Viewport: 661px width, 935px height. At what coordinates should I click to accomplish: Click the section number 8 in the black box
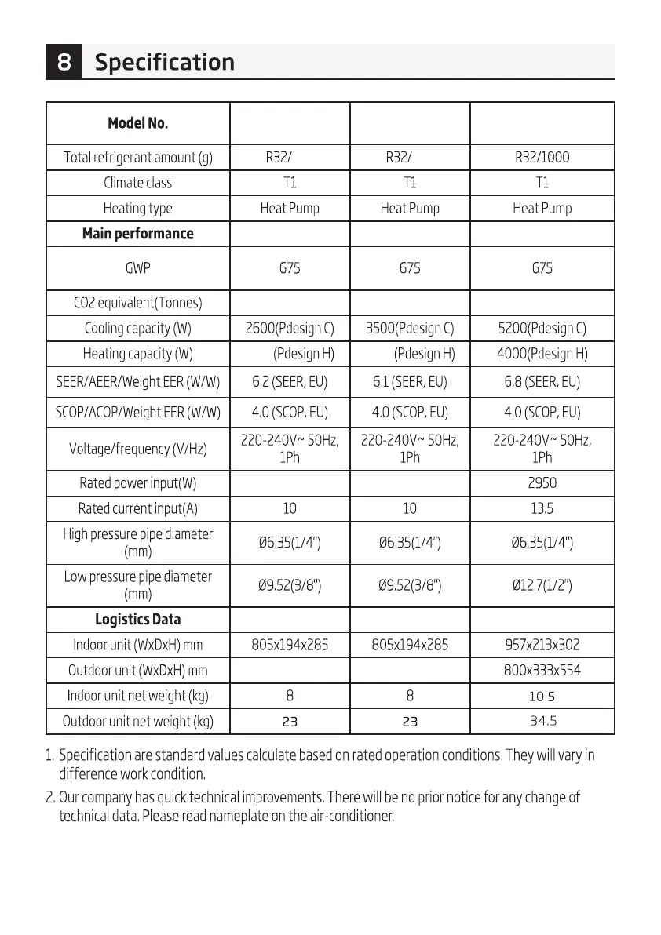(64, 63)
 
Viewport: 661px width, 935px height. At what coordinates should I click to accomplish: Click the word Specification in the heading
(164, 63)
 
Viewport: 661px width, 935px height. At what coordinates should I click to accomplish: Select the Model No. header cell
(138, 123)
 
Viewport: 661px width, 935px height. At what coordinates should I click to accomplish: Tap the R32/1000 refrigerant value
(542, 157)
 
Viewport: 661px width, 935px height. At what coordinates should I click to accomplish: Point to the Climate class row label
(138, 183)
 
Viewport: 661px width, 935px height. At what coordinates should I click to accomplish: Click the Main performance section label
(138, 234)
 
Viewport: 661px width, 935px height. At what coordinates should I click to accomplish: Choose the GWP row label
(138, 268)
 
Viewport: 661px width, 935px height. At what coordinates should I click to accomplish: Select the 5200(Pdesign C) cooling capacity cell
(542, 328)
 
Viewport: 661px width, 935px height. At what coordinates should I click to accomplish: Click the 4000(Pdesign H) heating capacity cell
(542, 354)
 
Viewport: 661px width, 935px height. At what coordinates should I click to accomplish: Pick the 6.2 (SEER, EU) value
(290, 383)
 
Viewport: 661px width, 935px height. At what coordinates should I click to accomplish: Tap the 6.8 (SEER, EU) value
(542, 383)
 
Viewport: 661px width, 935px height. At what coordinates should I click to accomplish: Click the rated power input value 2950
(542, 483)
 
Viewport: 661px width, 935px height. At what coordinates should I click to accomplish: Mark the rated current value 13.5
(542, 508)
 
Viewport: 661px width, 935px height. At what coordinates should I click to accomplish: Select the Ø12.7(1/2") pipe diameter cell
(542, 585)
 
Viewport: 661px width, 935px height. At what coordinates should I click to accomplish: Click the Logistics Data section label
(138, 620)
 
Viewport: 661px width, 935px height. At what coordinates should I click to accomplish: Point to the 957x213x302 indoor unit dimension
(542, 646)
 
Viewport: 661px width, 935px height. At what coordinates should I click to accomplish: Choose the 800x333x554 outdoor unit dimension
(542, 671)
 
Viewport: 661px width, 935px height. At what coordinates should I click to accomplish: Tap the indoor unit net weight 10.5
(542, 696)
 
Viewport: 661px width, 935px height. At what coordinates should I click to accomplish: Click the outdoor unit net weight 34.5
(542, 721)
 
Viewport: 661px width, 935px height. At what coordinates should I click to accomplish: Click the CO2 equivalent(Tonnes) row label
(138, 303)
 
